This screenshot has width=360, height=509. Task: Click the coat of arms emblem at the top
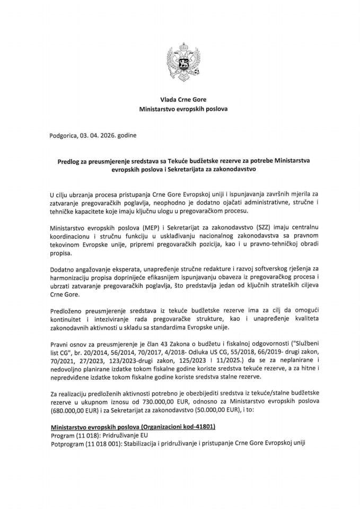tap(180, 62)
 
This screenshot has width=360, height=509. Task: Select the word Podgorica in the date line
tap(63, 136)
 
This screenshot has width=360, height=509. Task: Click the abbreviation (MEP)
tap(139, 228)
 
